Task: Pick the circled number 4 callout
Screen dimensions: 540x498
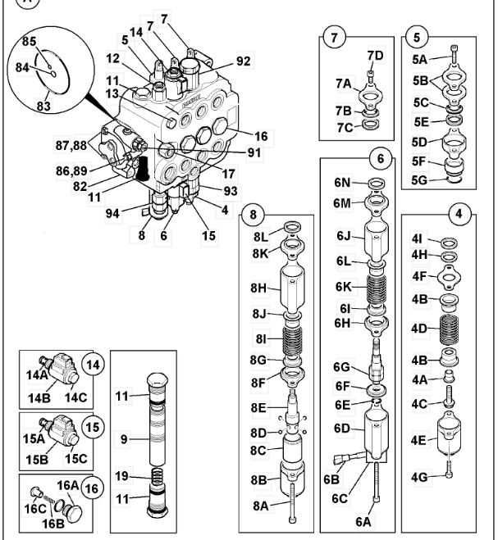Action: (x=458, y=216)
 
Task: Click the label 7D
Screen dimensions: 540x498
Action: (x=375, y=55)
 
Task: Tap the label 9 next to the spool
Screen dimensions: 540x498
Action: (x=122, y=440)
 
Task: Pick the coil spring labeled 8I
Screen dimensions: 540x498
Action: (x=293, y=338)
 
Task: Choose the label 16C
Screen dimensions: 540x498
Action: (x=34, y=509)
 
